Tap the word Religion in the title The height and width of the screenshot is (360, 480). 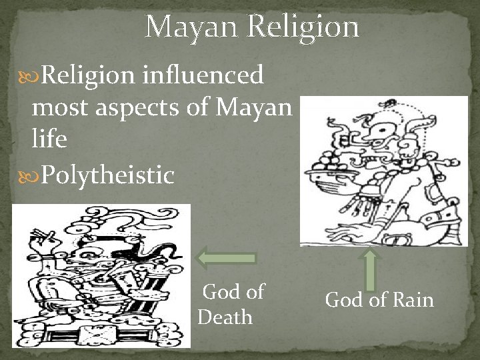pos(304,27)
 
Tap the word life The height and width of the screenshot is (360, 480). pos(49,140)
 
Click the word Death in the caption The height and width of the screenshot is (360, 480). pos(225,317)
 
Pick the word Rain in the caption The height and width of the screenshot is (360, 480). pos(414,300)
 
